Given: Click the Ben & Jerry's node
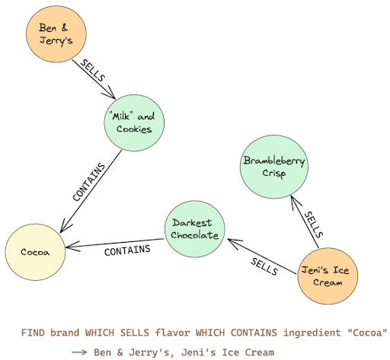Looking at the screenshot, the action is (x=56, y=34).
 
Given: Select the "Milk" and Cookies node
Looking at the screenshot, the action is (x=134, y=123).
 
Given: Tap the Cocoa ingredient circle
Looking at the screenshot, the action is (x=35, y=252).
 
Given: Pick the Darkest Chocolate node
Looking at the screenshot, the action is (x=195, y=229).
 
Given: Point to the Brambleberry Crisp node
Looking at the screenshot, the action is (x=274, y=167).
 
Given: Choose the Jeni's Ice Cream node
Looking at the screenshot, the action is (x=328, y=276).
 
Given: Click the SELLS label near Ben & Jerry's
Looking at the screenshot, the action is (x=93, y=70).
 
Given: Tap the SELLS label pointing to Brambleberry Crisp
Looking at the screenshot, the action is (x=314, y=225).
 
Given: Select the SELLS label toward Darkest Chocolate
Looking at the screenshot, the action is (x=264, y=266).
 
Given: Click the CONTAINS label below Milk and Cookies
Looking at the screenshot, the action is (x=89, y=182).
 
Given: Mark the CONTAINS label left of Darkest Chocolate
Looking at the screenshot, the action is (x=127, y=250).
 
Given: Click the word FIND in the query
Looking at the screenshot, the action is (x=33, y=333).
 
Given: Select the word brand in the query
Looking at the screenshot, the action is (x=65, y=333).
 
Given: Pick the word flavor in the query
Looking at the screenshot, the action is (x=173, y=333).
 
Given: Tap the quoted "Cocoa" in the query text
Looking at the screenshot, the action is (x=367, y=333).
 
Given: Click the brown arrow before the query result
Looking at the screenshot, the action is (x=79, y=352).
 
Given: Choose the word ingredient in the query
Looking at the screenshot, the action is (x=312, y=333).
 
